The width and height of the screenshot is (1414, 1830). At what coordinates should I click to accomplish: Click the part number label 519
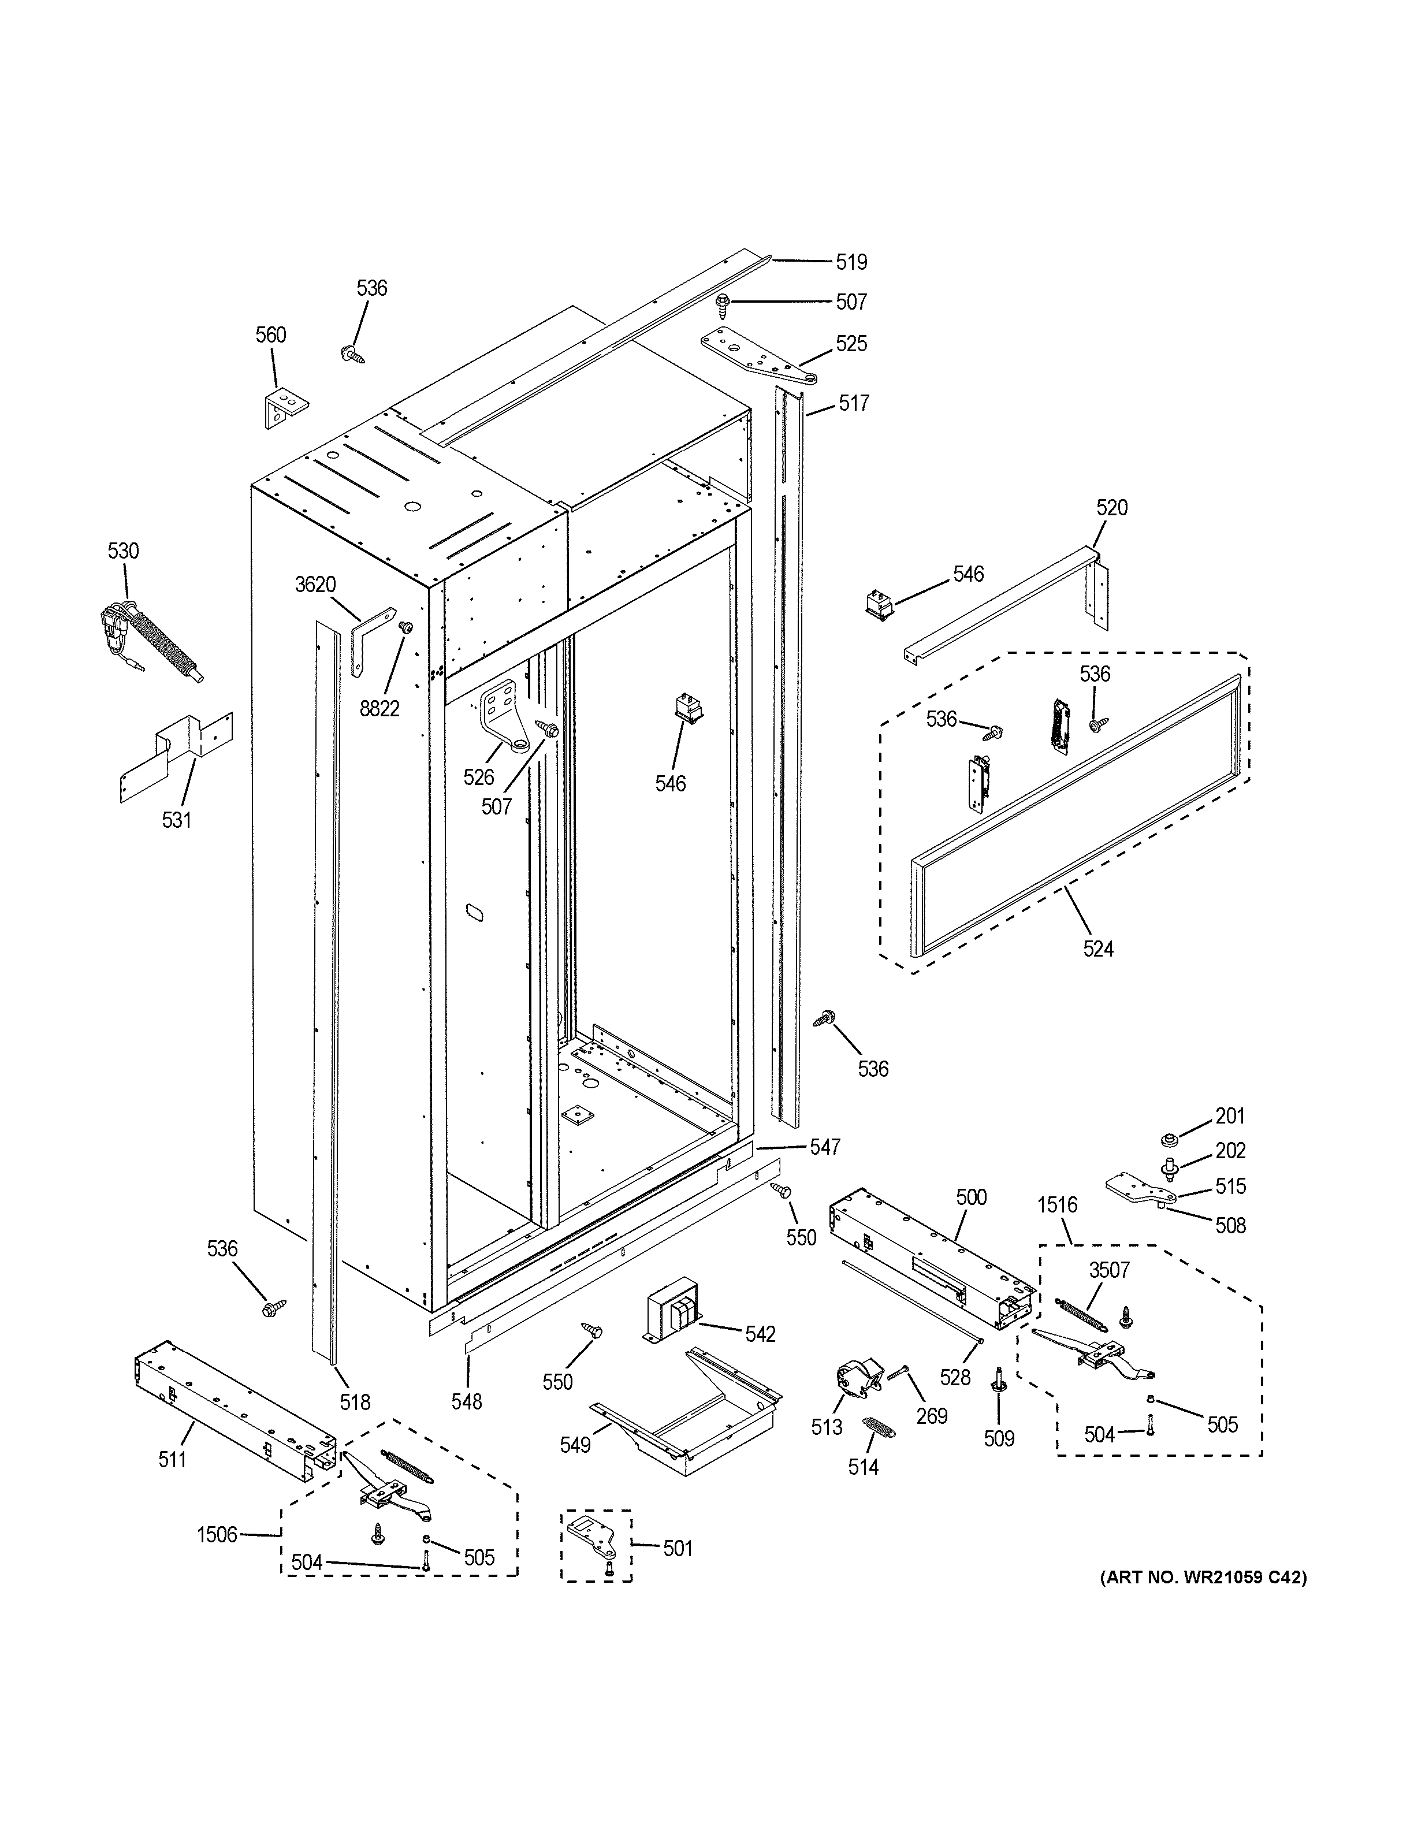pyautogui.click(x=850, y=262)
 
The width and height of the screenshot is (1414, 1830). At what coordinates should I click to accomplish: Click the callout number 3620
pyautogui.click(x=315, y=585)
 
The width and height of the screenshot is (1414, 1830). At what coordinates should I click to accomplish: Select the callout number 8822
pyautogui.click(x=379, y=709)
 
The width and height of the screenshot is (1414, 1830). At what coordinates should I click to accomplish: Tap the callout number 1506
pyautogui.click(x=217, y=1535)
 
